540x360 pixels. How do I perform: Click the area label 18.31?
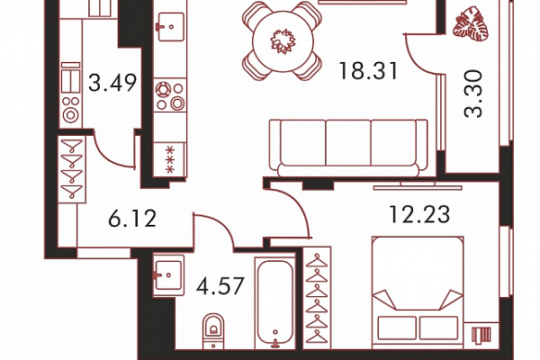point(368,71)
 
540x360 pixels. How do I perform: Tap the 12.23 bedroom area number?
point(419,214)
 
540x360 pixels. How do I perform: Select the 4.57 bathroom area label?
point(220,285)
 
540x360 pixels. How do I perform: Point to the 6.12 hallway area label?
point(132,218)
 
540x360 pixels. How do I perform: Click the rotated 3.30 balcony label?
point(473,94)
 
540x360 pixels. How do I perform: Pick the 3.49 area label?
point(112,83)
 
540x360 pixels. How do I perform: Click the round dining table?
point(283,41)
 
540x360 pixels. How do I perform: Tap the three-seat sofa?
point(348,148)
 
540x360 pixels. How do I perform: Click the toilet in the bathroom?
point(213,330)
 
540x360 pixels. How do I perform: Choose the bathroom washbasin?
point(168,275)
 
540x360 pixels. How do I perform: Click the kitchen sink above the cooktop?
point(170,26)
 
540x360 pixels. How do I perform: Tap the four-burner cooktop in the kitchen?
point(170,95)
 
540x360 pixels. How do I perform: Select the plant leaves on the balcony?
point(471,22)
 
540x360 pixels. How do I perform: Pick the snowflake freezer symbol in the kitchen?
point(169,159)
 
